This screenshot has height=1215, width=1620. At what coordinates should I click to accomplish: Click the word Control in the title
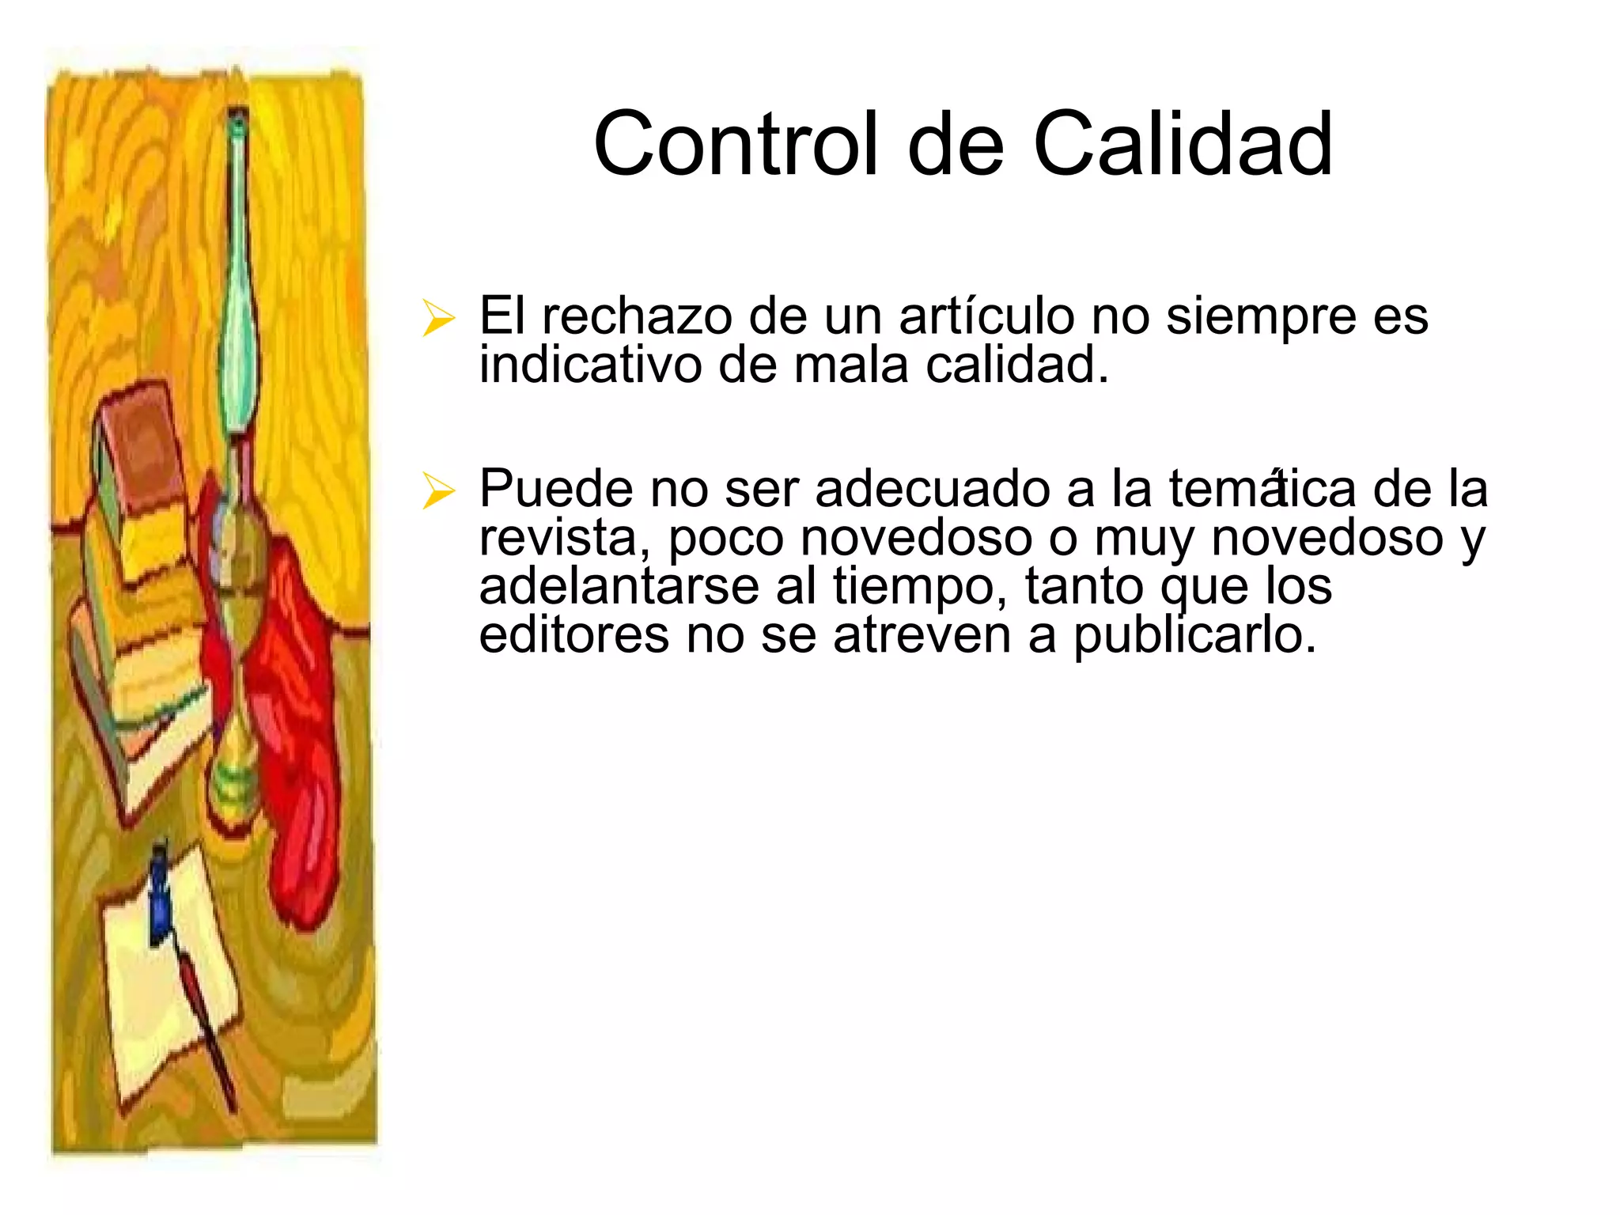coord(736,144)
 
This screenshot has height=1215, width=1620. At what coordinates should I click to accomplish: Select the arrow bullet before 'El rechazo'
coord(438,318)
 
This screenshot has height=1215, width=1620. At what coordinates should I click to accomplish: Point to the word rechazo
coord(638,316)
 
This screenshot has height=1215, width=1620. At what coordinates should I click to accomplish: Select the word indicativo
coord(590,365)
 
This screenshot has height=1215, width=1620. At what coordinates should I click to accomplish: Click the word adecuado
coord(933,489)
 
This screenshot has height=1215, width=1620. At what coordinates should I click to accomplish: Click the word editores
coord(574,635)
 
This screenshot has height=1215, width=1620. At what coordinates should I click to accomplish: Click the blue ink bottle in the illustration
coord(161,898)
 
